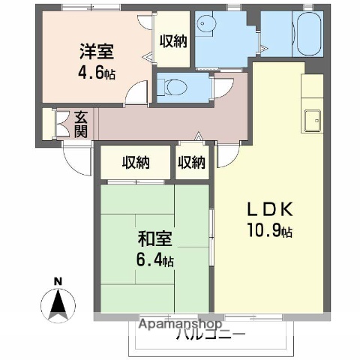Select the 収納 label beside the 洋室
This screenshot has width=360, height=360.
pyautogui.click(x=174, y=42)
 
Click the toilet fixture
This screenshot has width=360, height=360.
pyautogui.click(x=174, y=88)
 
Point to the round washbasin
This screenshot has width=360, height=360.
pyautogui.click(x=207, y=26)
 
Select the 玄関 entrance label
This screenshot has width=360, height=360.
pyautogui.click(x=80, y=123)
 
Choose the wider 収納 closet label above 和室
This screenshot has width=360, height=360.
pyautogui.click(x=134, y=162)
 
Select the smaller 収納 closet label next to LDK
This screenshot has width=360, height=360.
pyautogui.click(x=191, y=162)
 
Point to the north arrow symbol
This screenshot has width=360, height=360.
pyautogui.click(x=58, y=304)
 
